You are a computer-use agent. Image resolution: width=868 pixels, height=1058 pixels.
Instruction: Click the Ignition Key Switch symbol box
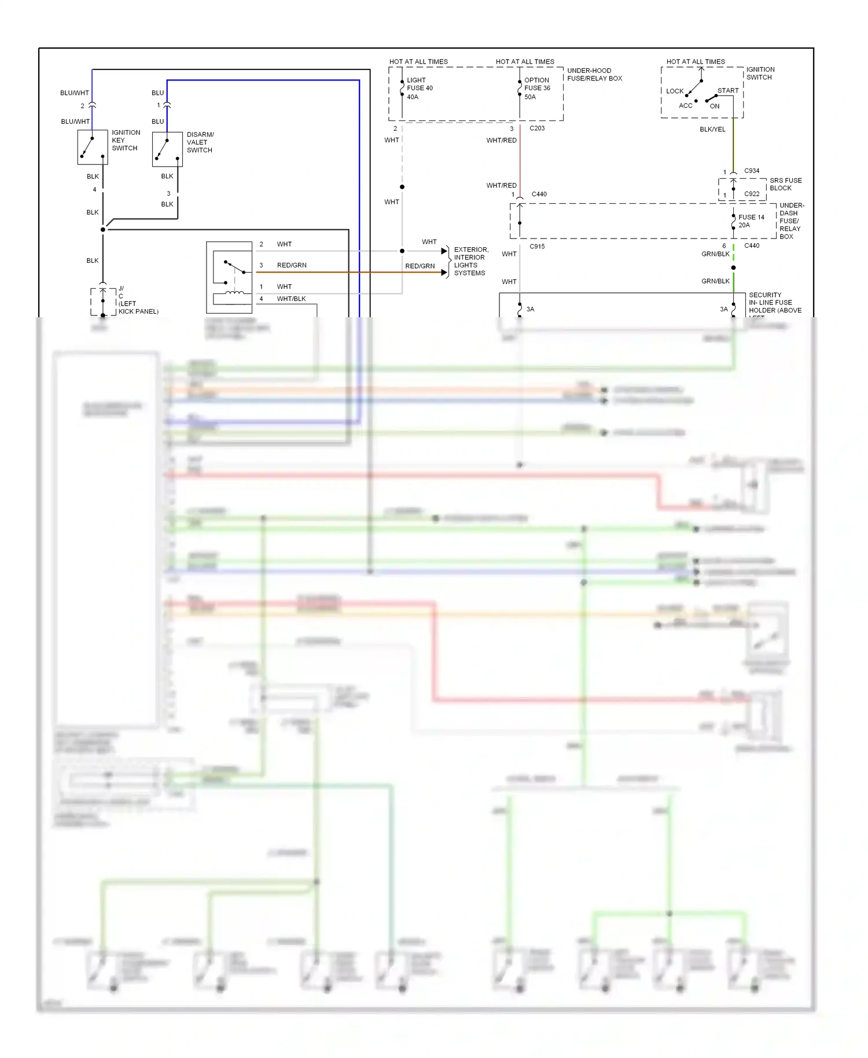click(93, 147)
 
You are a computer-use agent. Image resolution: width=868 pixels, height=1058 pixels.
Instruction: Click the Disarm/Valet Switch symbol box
click(167, 149)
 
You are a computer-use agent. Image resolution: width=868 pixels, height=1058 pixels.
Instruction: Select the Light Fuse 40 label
click(420, 88)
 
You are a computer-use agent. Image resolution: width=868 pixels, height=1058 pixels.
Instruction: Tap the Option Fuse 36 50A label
click(537, 88)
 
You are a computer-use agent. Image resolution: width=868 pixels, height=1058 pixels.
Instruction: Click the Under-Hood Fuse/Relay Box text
click(594, 75)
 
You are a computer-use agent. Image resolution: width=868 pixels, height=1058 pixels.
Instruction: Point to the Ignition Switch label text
click(760, 73)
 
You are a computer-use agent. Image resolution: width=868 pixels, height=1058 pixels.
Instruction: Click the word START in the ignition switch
click(727, 91)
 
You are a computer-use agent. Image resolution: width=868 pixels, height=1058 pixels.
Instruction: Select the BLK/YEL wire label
click(712, 129)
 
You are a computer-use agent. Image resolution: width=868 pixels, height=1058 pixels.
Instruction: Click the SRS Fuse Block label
click(785, 184)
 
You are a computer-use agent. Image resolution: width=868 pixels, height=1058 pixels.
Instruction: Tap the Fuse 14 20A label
click(751, 221)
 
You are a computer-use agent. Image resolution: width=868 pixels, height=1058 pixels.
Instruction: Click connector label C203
click(537, 128)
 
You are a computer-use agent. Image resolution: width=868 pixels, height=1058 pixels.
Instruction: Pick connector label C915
click(537, 247)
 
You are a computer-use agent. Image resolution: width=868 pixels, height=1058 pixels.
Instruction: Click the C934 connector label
click(751, 171)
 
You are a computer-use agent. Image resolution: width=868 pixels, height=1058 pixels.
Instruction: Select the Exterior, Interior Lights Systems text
click(470, 261)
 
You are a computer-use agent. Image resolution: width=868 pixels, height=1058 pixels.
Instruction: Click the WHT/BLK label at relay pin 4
click(291, 299)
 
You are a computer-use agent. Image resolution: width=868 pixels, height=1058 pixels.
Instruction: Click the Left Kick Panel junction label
click(138, 300)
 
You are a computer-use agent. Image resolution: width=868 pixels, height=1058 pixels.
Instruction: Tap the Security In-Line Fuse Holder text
click(774, 303)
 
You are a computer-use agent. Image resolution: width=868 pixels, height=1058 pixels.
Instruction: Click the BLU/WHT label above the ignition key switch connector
click(75, 93)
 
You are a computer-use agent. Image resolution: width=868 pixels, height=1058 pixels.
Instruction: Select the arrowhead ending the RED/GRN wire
click(444, 273)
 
